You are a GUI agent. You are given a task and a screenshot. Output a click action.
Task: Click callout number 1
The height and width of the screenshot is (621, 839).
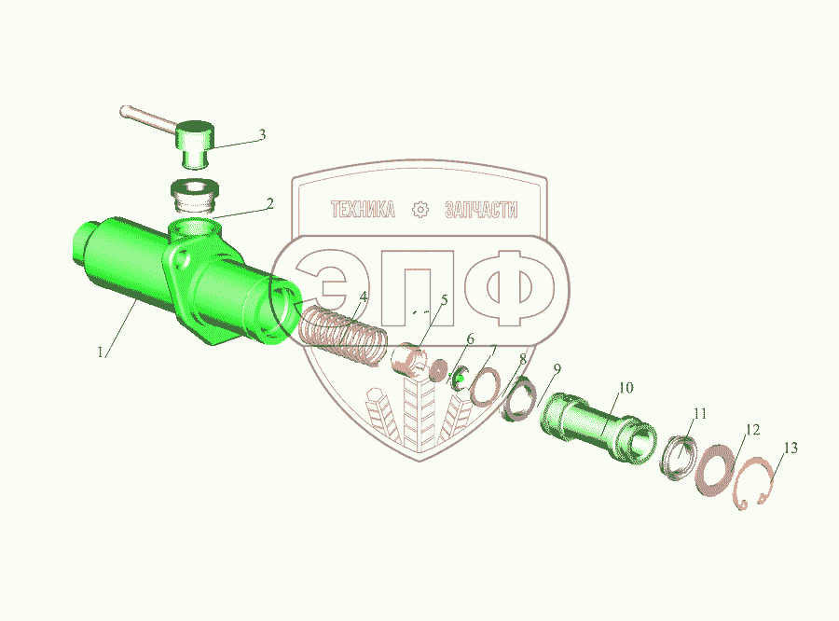coord(100,352)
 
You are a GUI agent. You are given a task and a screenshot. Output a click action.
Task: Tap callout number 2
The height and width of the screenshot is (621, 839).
coord(269,204)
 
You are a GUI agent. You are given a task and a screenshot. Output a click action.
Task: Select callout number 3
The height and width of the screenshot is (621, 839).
coord(262,134)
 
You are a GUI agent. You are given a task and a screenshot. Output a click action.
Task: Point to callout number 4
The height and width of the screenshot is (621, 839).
coord(364,297)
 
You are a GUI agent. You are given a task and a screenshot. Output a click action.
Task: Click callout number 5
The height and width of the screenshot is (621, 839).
coord(444,300)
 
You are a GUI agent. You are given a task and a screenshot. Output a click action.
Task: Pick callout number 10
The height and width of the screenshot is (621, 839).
coord(626,388)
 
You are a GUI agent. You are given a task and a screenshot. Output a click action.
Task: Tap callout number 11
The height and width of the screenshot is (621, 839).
coord(700,414)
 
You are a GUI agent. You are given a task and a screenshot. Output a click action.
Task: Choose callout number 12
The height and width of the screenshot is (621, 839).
coord(752,430)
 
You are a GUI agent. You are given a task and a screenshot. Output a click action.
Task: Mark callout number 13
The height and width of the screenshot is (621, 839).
coord(791,448)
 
